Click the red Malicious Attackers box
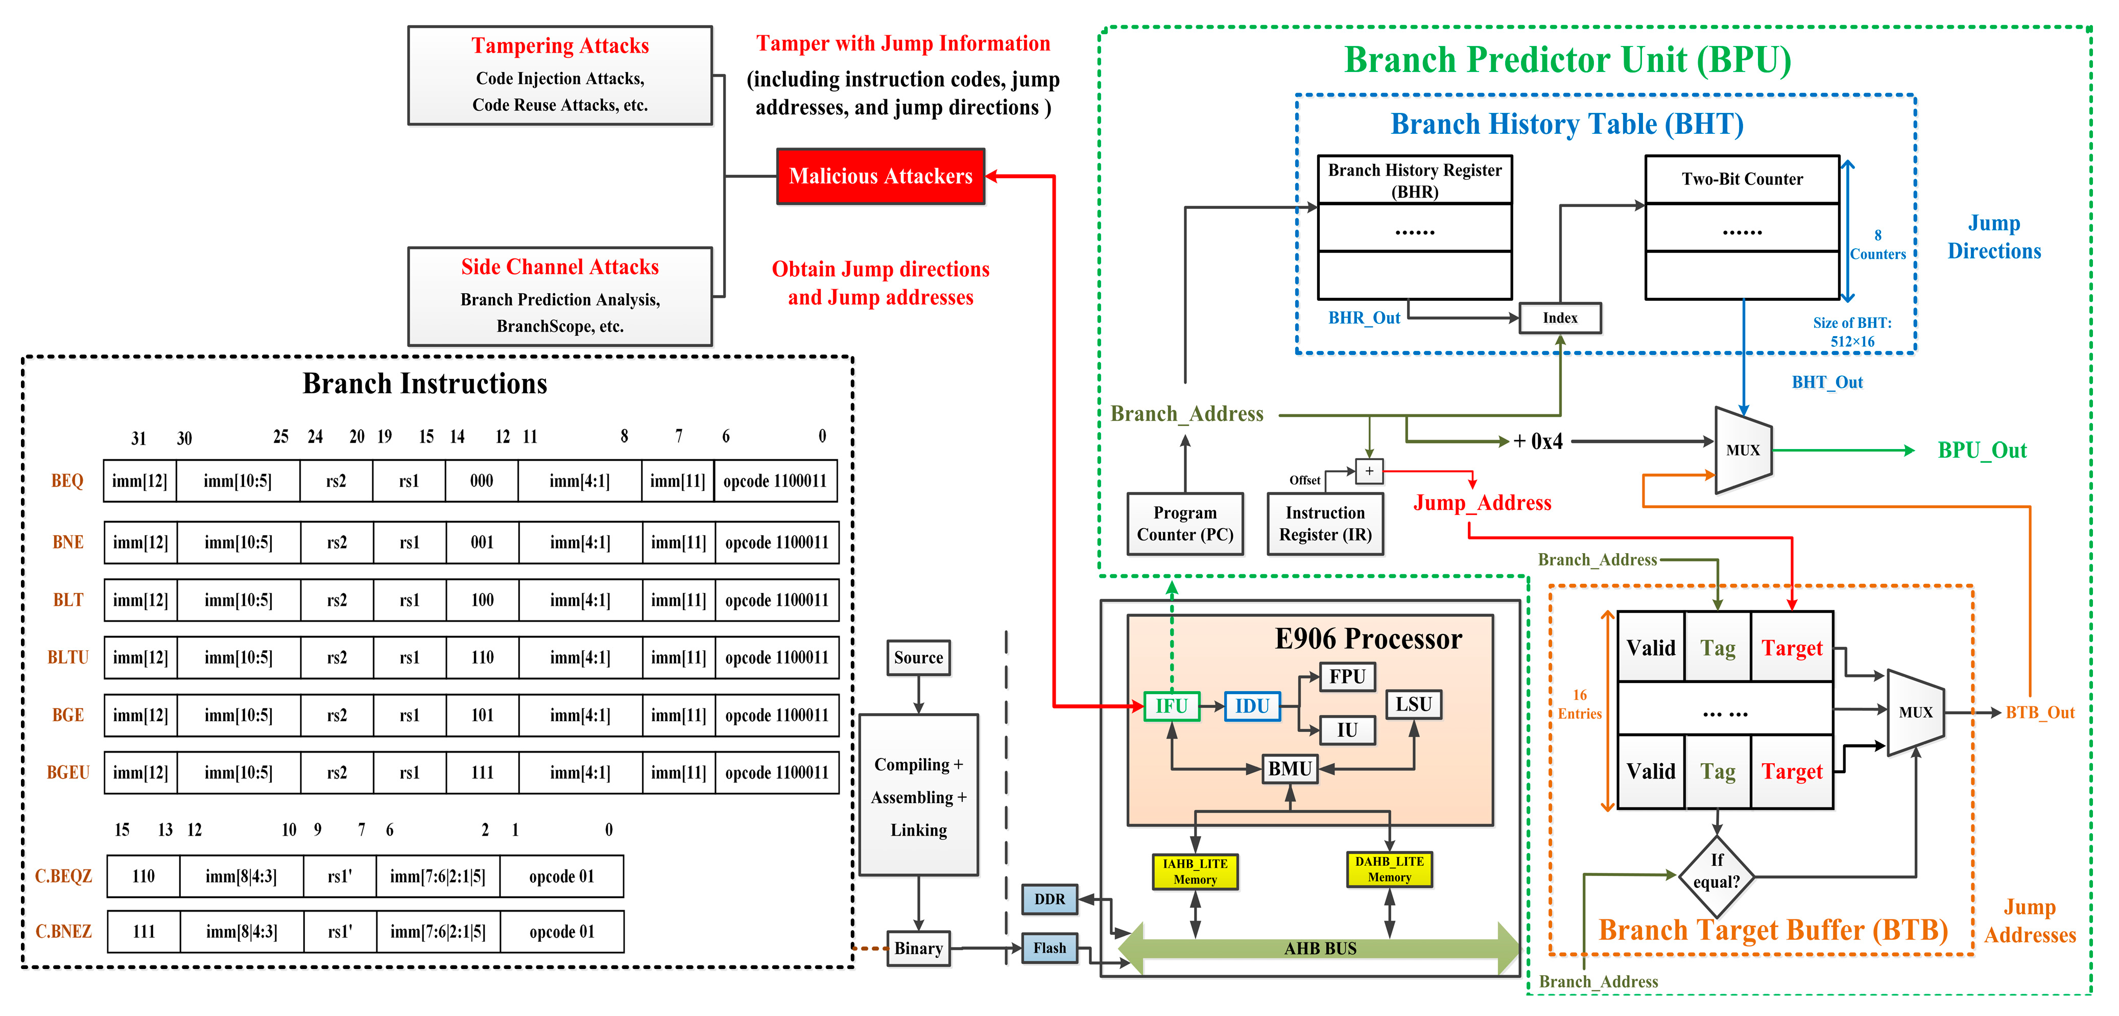(880, 176)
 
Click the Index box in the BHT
(1560, 318)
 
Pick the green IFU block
(1172, 706)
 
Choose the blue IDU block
(1252, 706)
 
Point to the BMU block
(1289, 768)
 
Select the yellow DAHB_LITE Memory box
(1389, 869)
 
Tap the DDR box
(1049, 899)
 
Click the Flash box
(1049, 948)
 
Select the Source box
(918, 657)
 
